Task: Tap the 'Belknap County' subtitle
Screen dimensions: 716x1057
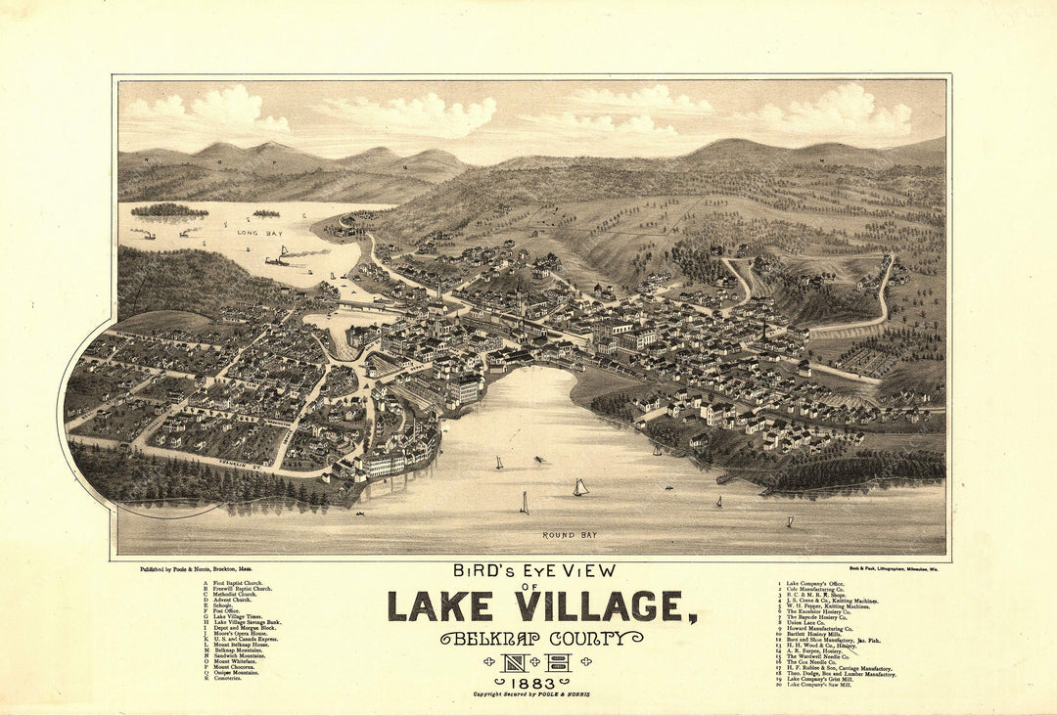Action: (541, 639)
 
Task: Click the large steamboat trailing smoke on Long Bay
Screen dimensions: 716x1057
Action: (278, 258)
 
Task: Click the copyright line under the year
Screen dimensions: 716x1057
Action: (531, 694)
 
